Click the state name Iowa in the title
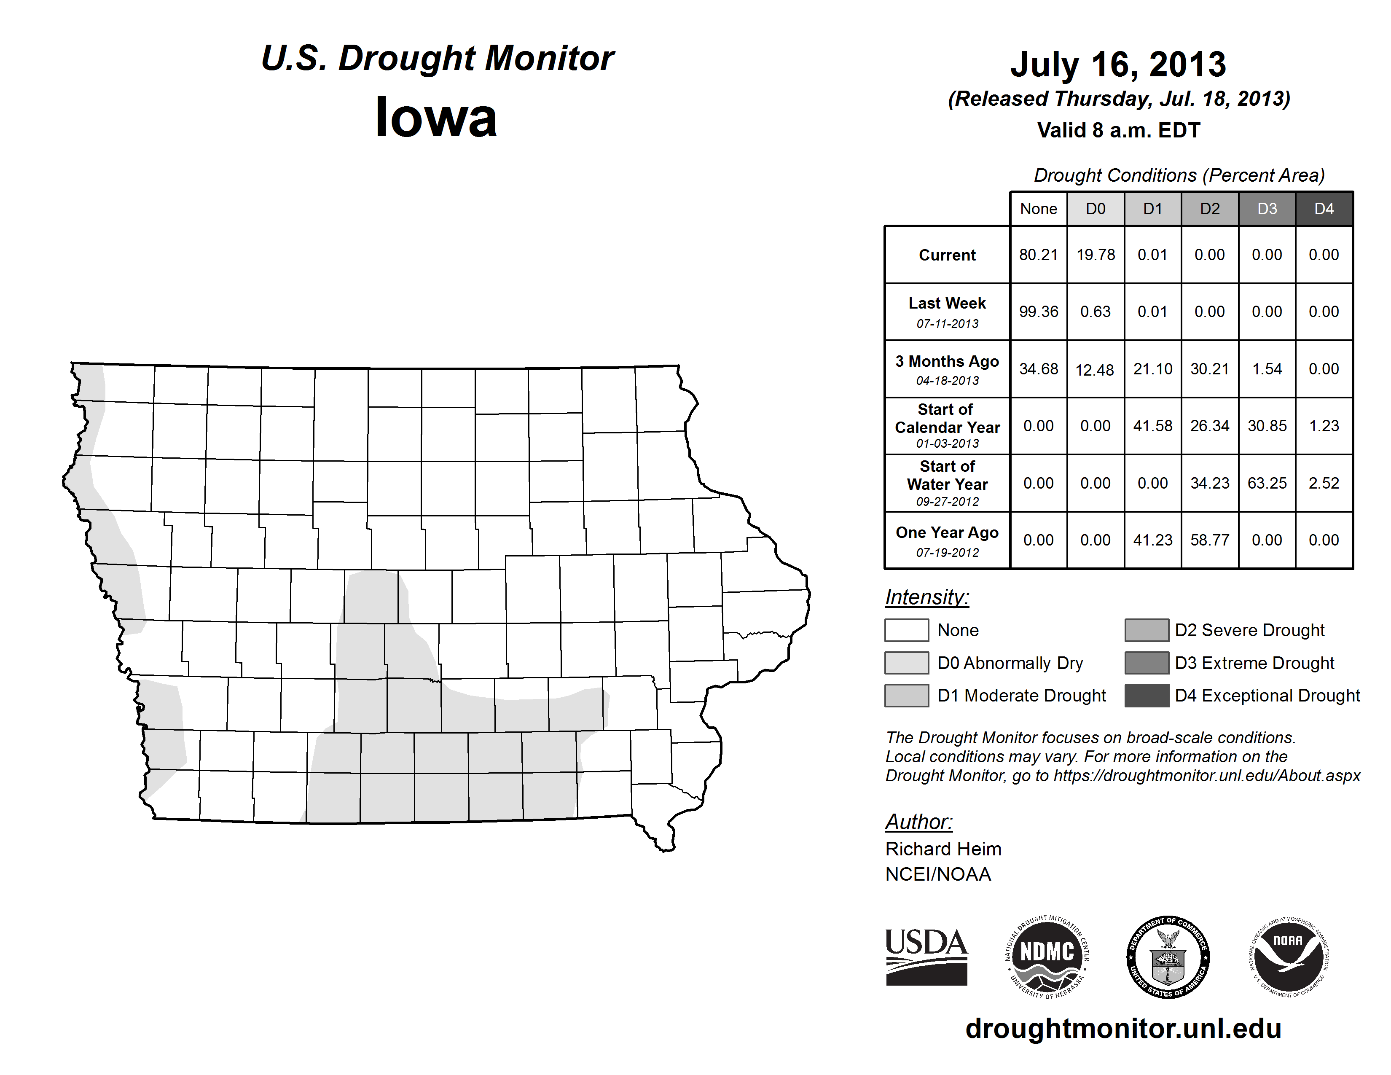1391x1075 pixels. [436, 117]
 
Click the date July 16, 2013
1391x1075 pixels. [1118, 64]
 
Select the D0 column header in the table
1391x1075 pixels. [1096, 209]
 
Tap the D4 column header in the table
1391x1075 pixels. [1324, 209]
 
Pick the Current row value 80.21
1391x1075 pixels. [1038, 255]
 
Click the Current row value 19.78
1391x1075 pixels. [1096, 255]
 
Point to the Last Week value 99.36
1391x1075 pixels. [1038, 312]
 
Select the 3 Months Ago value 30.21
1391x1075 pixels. [1209, 369]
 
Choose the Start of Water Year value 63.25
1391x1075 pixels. [1267, 484]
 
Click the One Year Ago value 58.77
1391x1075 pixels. [1209, 540]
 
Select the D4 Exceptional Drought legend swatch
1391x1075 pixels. [1147, 696]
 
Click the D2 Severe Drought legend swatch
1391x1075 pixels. [1147, 630]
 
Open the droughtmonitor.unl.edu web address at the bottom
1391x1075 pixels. [1123, 1029]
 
